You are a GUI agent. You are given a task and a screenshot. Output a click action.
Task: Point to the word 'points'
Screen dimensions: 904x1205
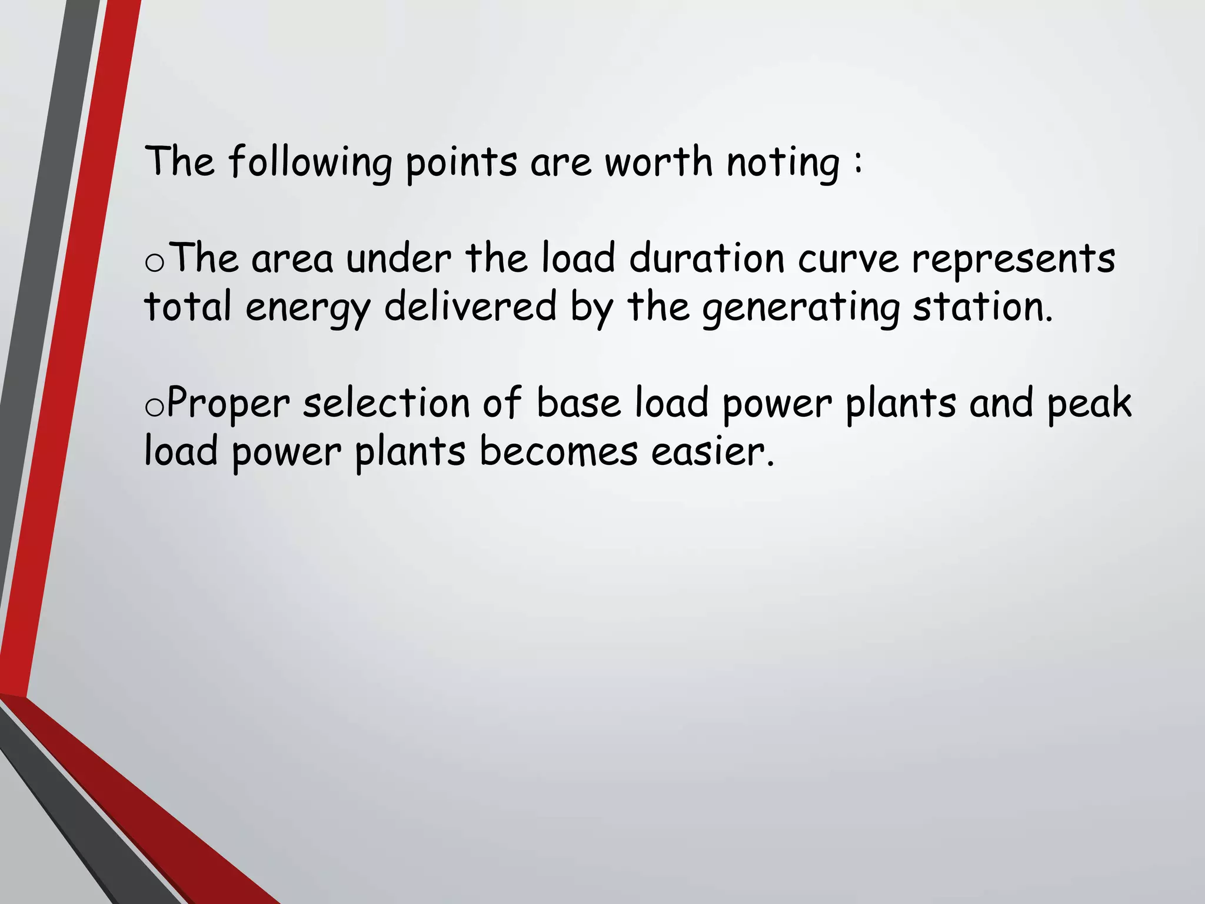tap(461, 162)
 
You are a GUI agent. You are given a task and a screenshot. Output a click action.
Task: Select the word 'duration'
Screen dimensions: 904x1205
tap(707, 258)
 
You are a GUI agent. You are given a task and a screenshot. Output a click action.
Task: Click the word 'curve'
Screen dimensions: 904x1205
tap(848, 260)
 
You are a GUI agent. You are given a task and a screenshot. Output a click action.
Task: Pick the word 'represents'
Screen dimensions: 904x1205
tap(1014, 260)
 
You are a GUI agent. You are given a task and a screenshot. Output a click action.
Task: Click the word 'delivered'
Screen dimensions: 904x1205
tap(470, 307)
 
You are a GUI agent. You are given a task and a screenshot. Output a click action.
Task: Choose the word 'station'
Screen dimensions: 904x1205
tap(982, 307)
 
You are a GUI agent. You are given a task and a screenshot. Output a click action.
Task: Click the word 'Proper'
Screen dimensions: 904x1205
tap(228, 404)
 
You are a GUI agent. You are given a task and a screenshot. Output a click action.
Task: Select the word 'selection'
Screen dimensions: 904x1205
tap(386, 403)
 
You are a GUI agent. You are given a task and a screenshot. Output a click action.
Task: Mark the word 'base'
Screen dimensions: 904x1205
tap(579, 404)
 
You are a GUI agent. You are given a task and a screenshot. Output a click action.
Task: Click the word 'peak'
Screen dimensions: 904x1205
tap(1089, 404)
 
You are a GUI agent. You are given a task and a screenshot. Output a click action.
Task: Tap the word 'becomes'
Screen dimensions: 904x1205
tap(558, 451)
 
